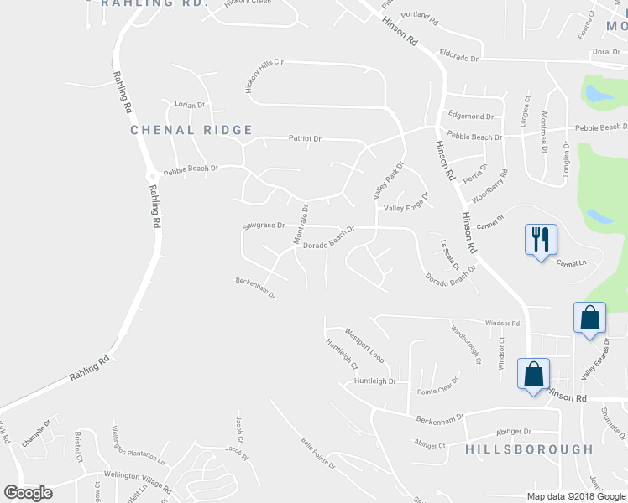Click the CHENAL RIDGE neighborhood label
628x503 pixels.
[x=191, y=130]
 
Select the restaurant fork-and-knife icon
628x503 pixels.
[x=539, y=241]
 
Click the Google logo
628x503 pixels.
[x=28, y=493]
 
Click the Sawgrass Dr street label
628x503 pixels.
[x=264, y=226]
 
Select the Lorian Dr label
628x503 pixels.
[x=190, y=105]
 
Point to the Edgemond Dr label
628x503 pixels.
[x=471, y=116]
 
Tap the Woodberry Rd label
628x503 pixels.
[x=490, y=184]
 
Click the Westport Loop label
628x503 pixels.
[x=364, y=345]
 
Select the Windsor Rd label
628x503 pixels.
[x=504, y=323]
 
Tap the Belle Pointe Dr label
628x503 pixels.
[x=318, y=454]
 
